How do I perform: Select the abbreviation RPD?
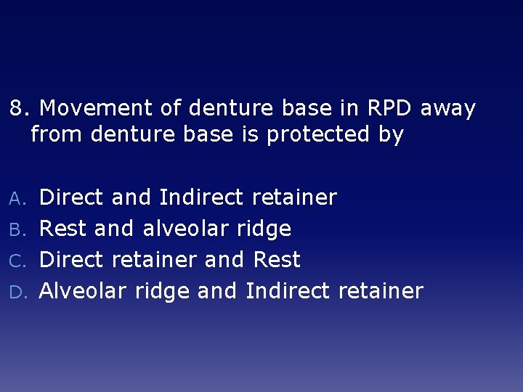click(x=388, y=109)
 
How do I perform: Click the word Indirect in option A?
click(x=201, y=197)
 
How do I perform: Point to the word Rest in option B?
click(x=62, y=229)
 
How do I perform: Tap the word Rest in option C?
click(x=277, y=260)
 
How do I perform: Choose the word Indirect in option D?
click(x=288, y=291)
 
